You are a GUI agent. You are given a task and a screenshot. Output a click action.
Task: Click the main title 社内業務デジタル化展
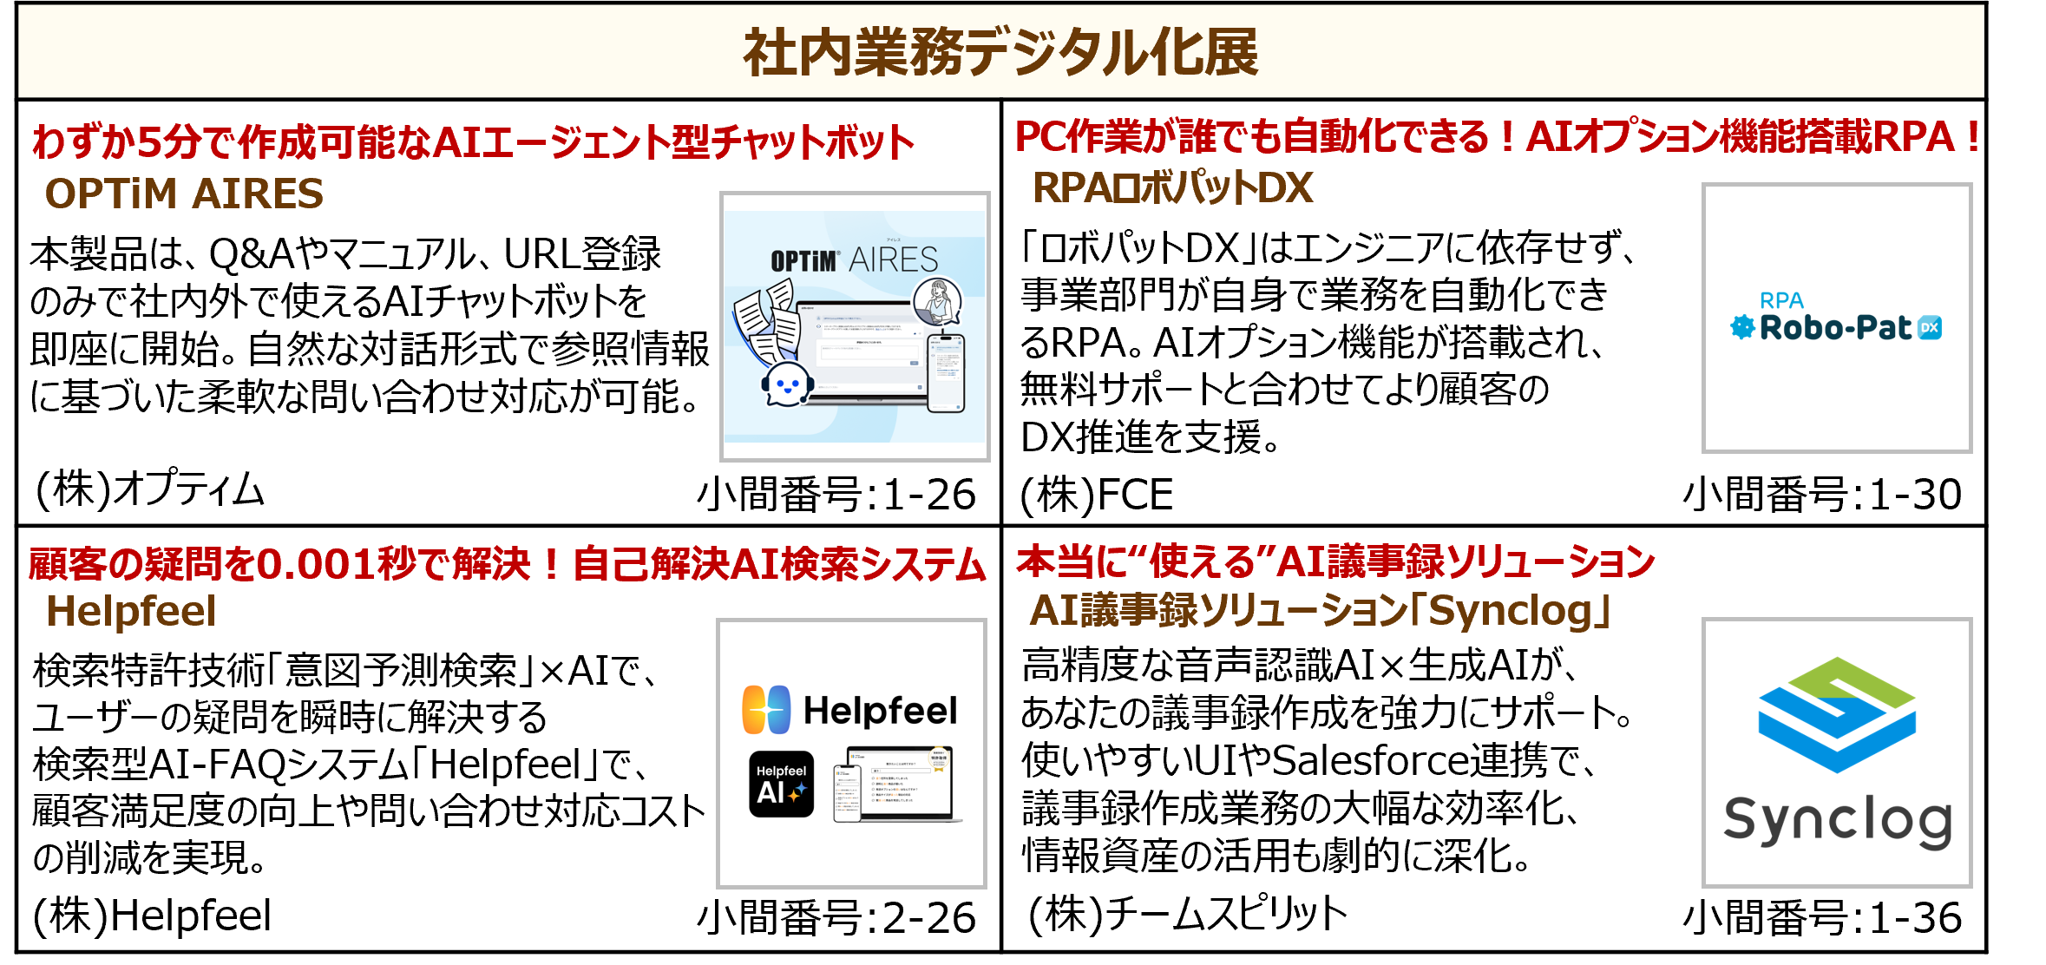(x=1000, y=52)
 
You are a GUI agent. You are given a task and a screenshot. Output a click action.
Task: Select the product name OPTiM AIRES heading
(x=184, y=194)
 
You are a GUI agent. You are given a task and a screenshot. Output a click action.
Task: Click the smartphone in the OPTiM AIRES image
(x=946, y=373)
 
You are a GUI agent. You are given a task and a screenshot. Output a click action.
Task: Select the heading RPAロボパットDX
(x=1172, y=188)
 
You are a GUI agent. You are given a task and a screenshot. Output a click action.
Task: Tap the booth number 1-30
(x=1821, y=495)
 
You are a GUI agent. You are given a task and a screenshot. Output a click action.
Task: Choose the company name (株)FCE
(x=1097, y=495)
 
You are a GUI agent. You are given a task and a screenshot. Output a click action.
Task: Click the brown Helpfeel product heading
(x=131, y=611)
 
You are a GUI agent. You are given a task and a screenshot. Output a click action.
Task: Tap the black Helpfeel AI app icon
(x=781, y=784)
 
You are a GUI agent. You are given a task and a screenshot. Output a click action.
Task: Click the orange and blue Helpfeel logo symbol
(x=766, y=710)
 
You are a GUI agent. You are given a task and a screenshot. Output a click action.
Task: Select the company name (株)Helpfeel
(x=152, y=916)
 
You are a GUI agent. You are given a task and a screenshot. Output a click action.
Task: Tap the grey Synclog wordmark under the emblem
(x=1837, y=820)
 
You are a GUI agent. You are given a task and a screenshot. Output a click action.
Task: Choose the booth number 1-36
(x=1821, y=917)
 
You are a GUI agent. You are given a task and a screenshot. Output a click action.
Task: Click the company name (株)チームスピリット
(x=1187, y=913)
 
